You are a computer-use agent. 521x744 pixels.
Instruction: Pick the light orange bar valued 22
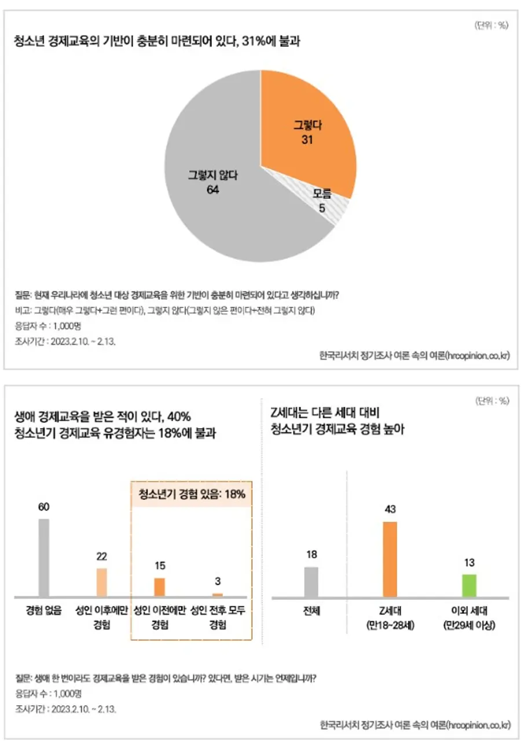pos(101,582)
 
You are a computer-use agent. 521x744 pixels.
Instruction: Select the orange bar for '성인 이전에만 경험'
pos(159,587)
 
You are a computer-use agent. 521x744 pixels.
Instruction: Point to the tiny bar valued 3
pos(217,594)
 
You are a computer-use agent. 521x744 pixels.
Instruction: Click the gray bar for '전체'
pos(311,581)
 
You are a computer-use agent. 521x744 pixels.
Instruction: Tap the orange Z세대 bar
pos(390,559)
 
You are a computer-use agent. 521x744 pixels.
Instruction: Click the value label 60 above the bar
pos(44,507)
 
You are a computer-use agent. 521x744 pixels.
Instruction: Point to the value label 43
pos(390,510)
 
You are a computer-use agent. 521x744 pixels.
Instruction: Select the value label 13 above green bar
pos(469,562)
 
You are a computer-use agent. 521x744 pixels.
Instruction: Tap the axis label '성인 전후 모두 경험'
pos(217,618)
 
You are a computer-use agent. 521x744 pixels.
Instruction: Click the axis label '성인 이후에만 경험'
pos(101,618)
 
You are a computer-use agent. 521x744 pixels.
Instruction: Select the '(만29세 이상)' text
pos(469,625)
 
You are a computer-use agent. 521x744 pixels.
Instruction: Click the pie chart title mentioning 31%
pos(156,42)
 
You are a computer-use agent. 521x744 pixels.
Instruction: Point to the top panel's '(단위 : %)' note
pos(491,25)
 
